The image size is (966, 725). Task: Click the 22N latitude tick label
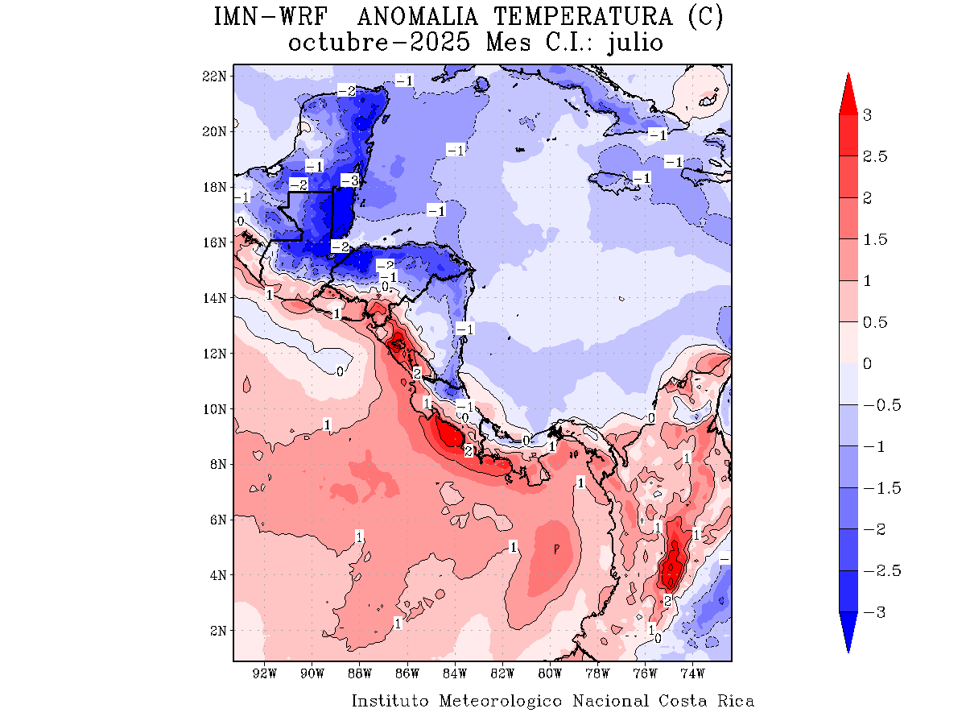tap(214, 76)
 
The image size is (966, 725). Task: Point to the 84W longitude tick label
tap(455, 673)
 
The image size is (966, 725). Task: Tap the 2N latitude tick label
tap(217, 630)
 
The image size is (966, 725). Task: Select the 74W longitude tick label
tap(693, 673)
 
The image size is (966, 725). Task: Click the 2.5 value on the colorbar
tap(875, 156)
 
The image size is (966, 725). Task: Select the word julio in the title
tap(635, 43)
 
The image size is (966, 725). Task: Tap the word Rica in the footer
tap(736, 701)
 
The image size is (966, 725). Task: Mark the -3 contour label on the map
tap(349, 180)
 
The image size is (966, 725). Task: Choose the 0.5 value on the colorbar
tap(875, 322)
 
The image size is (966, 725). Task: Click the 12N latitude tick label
tap(214, 353)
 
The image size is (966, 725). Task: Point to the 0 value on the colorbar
tap(868, 363)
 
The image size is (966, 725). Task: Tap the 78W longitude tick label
tap(598, 673)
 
